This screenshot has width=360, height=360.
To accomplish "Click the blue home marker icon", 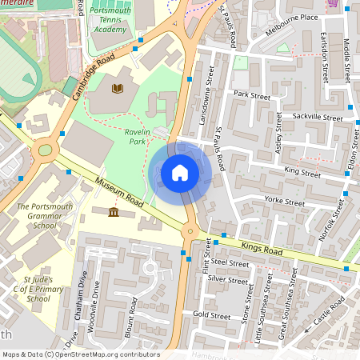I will tap(180, 173).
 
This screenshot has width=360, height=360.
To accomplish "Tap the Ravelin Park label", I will tap(124, 136).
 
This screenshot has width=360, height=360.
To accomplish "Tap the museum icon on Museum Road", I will tap(113, 213).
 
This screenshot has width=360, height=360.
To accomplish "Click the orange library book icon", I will tap(118, 87).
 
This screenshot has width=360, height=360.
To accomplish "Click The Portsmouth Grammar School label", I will tap(38, 216).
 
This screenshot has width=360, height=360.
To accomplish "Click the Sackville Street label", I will tap(318, 118).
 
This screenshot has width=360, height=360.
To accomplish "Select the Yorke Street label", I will tap(285, 203).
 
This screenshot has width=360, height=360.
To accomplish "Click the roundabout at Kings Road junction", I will tap(190, 232).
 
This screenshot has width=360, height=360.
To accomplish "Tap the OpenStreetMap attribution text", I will tap(80, 354).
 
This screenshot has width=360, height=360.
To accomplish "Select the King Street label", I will tap(302, 173).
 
